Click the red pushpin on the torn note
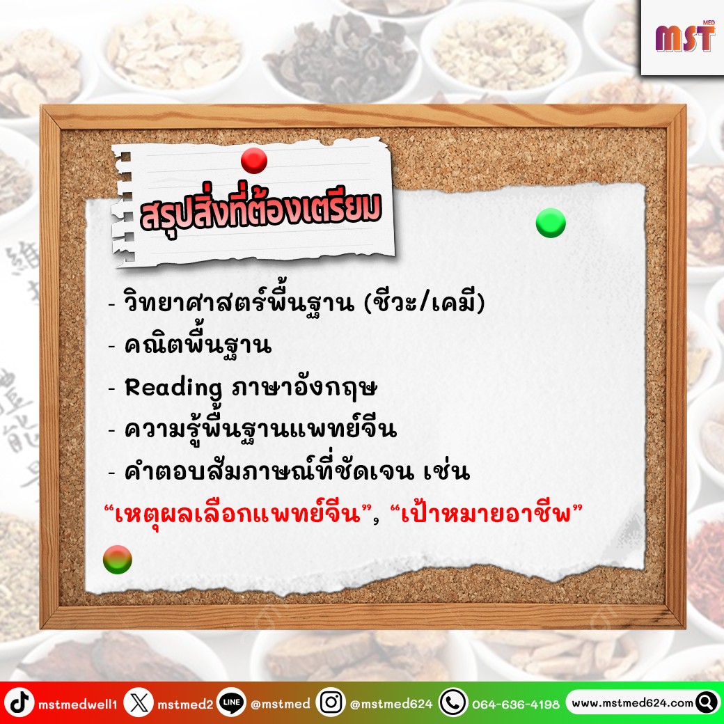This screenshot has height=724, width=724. pyautogui.click(x=254, y=161)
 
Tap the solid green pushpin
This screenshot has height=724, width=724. pyautogui.click(x=551, y=223)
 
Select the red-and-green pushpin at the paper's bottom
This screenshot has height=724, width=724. pyautogui.click(x=117, y=559)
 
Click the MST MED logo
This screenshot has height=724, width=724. pyautogui.click(x=685, y=36)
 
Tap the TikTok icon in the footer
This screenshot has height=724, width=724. pyautogui.click(x=19, y=702)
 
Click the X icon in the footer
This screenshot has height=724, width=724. pyautogui.click(x=139, y=702)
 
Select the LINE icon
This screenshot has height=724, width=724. pyautogui.click(x=231, y=702)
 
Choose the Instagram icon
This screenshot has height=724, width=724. pyautogui.click(x=331, y=702)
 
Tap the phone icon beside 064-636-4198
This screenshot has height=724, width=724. pyautogui.click(x=453, y=702)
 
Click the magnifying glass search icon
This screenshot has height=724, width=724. pyautogui.click(x=707, y=702)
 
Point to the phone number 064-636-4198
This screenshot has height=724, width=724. pyautogui.click(x=516, y=704)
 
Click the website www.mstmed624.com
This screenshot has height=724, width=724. pyautogui.click(x=633, y=703)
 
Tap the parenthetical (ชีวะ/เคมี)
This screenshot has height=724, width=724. pyautogui.click(x=425, y=302)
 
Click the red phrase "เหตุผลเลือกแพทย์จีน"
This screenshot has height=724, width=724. pyautogui.click(x=238, y=514)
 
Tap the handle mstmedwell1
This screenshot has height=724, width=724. pyautogui.click(x=77, y=704)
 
